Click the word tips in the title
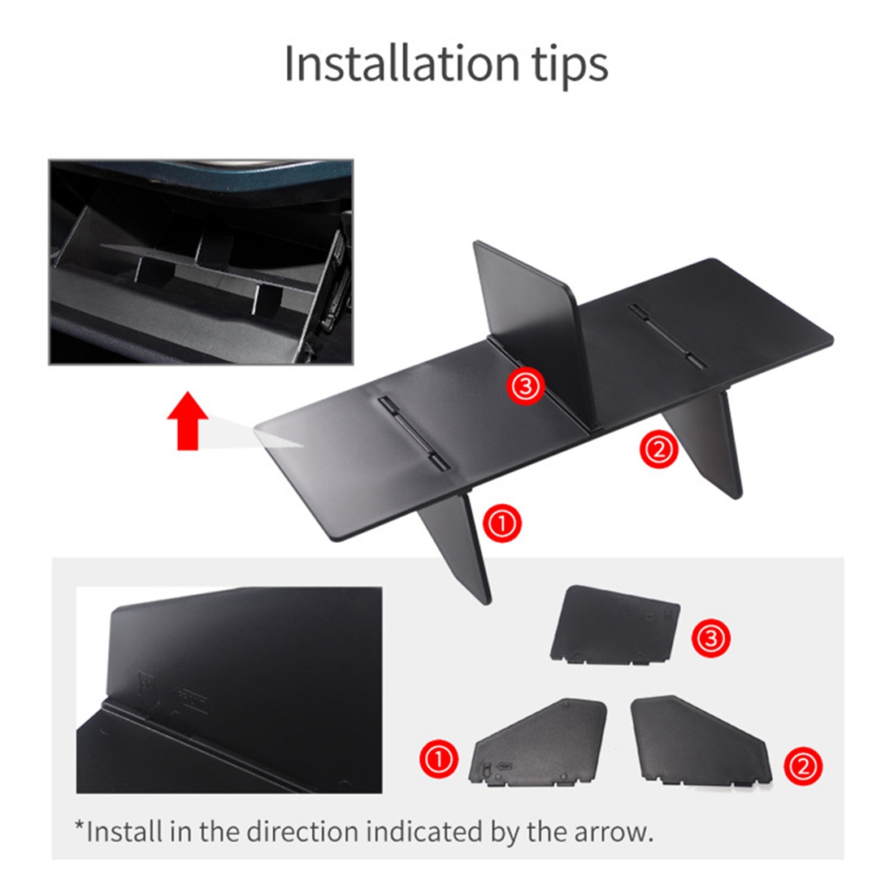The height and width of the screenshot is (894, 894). [x=569, y=65]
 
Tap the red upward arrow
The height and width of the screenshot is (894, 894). [x=188, y=421]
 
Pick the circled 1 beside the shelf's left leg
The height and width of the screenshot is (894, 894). [x=502, y=523]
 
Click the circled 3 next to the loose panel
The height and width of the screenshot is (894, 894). [x=710, y=638]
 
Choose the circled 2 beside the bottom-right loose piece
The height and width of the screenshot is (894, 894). [x=804, y=765]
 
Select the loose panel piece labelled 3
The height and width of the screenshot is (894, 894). [x=616, y=626]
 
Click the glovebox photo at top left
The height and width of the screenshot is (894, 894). [x=201, y=262]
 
